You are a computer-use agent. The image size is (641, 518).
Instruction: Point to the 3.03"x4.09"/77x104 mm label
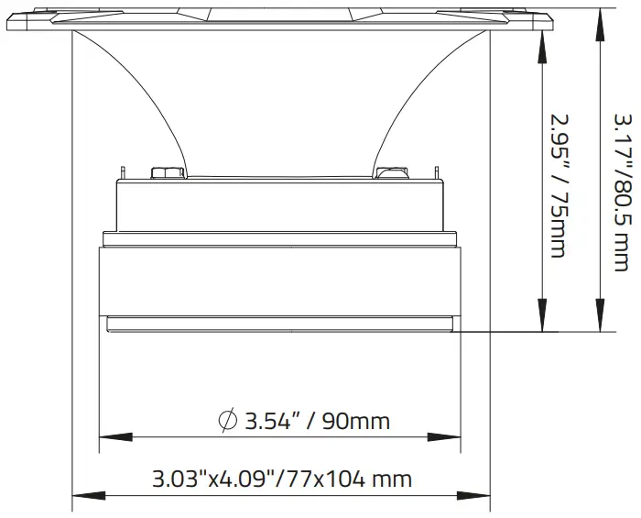pyautogui.click(x=281, y=479)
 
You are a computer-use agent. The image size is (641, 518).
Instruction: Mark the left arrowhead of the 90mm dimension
pyautogui.click(x=106, y=436)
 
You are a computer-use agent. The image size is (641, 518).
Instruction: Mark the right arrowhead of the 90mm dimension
pyautogui.click(x=454, y=436)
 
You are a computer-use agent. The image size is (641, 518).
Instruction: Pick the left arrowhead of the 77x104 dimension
pyautogui.click(x=80, y=496)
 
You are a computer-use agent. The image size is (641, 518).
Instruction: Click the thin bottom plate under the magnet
pyautogui.click(x=280, y=323)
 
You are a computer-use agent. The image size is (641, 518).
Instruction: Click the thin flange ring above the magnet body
pyautogui.click(x=280, y=239)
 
